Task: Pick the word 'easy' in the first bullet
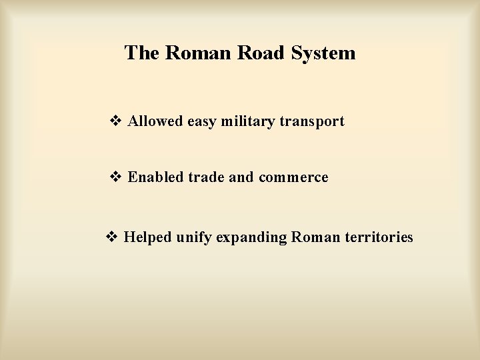tap(205, 122)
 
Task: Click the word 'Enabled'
tap(156, 177)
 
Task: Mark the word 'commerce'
tap(294, 177)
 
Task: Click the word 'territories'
tap(379, 237)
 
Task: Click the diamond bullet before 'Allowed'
tap(115, 121)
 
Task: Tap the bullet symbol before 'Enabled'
tap(115, 177)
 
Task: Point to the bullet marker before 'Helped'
tap(111, 237)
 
